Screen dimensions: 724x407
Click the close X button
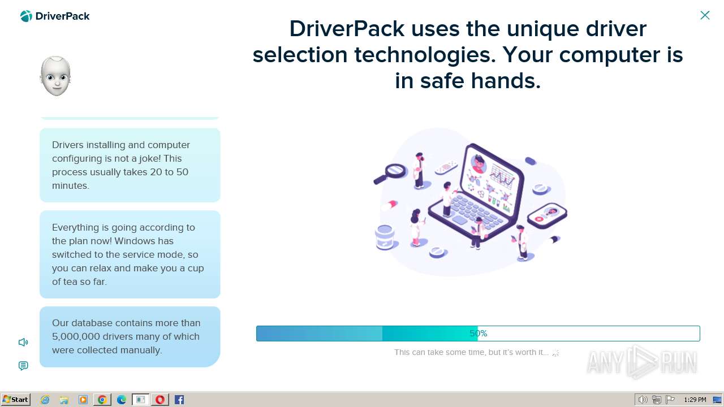(x=705, y=15)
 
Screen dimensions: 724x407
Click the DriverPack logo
(x=55, y=16)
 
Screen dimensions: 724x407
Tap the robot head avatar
(x=55, y=76)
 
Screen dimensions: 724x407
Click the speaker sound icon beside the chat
(x=23, y=342)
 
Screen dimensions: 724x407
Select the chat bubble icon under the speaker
(x=23, y=366)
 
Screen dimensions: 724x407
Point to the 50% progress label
(x=479, y=334)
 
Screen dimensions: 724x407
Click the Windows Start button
(x=15, y=400)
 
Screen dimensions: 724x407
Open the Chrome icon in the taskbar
(x=102, y=400)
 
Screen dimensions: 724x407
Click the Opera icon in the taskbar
(x=160, y=400)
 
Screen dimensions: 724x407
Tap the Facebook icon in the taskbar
(x=179, y=400)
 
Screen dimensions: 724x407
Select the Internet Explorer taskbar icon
(x=45, y=400)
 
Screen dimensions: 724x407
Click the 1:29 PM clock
(x=695, y=400)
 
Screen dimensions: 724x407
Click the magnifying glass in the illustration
(x=390, y=174)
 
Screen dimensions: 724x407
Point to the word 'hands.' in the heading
(x=506, y=80)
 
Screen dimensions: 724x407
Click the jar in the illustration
(x=385, y=237)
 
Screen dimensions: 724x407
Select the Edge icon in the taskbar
(x=122, y=400)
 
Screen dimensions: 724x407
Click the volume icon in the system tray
(x=643, y=400)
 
